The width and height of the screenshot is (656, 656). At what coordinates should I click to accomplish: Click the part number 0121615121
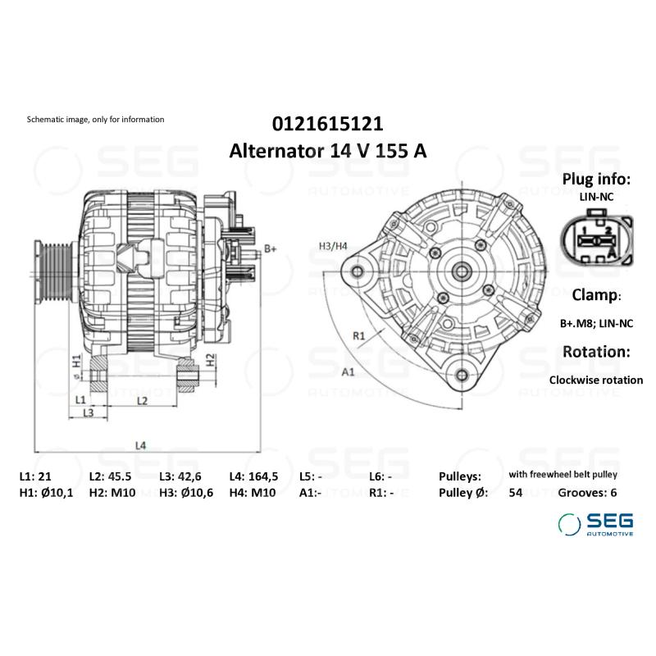pos(327,124)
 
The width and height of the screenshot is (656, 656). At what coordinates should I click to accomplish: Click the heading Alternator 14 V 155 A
pos(327,151)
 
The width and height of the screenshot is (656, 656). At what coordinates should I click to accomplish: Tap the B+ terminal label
pos(271,248)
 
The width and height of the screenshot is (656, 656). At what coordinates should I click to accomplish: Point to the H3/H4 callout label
pos(333,245)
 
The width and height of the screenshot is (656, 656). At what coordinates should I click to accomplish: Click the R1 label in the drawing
pos(358,335)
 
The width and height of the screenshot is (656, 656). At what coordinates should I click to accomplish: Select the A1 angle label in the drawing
pos(347,371)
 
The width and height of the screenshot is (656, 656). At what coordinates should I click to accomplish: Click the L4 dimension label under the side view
pos(141,445)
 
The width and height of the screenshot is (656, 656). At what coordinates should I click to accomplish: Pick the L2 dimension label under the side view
pos(141,400)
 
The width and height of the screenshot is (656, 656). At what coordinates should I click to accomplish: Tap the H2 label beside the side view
pos(211,358)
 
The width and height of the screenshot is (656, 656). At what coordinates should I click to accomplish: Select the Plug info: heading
pos(596,180)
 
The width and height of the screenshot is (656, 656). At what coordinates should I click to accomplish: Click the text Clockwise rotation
pos(596,380)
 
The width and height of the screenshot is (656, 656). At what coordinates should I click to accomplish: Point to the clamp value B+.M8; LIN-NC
pos(596,323)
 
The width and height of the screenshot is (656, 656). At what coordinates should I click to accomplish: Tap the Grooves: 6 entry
pos(587,492)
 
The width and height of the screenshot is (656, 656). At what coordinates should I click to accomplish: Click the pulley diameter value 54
pos(516,492)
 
